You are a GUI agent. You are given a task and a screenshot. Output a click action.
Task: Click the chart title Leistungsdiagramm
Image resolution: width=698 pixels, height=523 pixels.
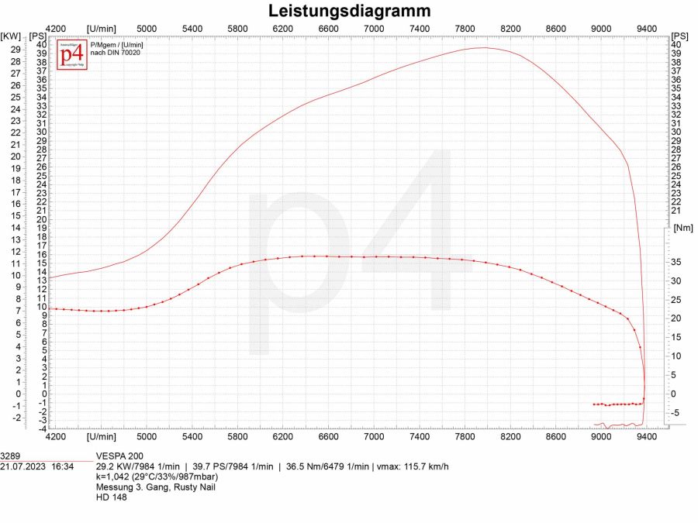[x=349, y=11]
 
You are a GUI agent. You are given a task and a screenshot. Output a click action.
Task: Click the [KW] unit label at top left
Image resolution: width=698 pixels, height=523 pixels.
[x=11, y=36]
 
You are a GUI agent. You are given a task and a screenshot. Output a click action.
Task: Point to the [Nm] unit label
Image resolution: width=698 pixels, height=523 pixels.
[x=683, y=228]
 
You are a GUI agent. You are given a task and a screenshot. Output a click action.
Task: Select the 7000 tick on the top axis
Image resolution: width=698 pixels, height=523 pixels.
[x=375, y=29]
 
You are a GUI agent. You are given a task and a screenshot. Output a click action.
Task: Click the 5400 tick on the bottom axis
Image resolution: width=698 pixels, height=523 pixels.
[x=192, y=437]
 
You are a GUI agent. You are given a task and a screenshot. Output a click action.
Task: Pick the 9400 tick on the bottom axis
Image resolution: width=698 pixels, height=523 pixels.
[x=647, y=437]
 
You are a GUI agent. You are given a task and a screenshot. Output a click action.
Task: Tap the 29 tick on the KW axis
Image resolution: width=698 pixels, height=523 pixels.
[x=16, y=48]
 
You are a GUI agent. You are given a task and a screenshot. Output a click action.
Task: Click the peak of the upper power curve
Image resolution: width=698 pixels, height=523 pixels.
[x=484, y=47]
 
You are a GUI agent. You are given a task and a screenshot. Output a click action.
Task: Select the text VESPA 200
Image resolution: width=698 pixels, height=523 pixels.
[x=119, y=456]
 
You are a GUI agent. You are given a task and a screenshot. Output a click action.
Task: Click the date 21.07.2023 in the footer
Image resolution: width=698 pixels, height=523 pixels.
[x=26, y=466]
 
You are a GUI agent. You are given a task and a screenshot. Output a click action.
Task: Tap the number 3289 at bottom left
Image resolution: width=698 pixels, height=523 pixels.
[x=12, y=456]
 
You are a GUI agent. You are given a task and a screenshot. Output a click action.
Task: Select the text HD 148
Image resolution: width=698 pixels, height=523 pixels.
[x=111, y=497]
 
